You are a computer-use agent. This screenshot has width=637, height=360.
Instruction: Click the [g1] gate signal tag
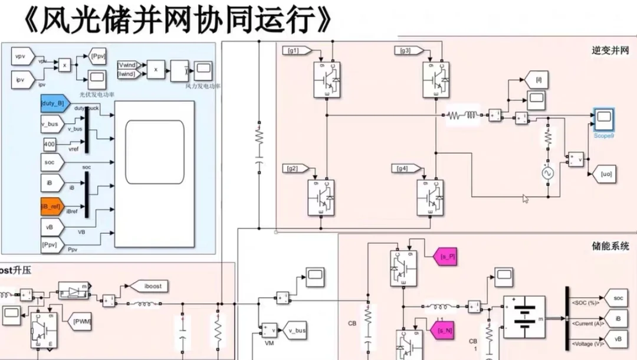click(293, 51)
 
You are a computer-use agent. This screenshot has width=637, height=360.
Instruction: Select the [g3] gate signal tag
click(406, 51)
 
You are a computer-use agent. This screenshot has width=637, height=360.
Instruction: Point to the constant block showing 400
click(50, 143)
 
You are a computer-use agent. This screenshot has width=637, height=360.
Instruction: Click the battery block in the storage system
click(523, 318)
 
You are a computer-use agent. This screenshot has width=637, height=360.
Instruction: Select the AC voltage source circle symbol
click(547, 173)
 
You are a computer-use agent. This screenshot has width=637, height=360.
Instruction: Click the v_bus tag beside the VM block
click(297, 330)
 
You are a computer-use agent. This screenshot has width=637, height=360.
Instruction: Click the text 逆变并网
click(610, 50)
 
